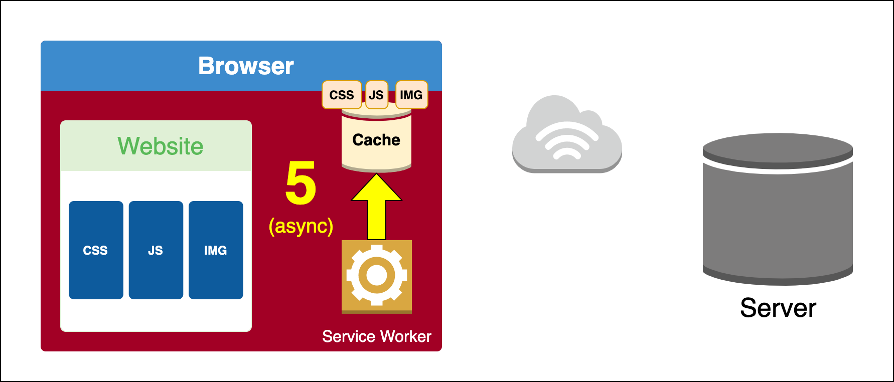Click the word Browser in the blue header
pyautogui.click(x=246, y=66)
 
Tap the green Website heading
pyautogui.click(x=161, y=146)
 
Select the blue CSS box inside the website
pyautogui.click(x=96, y=250)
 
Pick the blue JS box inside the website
pyautogui.click(x=156, y=250)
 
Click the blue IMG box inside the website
pyautogui.click(x=216, y=250)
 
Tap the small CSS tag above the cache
pyautogui.click(x=342, y=95)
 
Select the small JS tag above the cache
pyautogui.click(x=376, y=95)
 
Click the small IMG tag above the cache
pyautogui.click(x=411, y=95)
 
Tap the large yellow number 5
pyautogui.click(x=301, y=183)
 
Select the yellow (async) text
pyautogui.click(x=301, y=226)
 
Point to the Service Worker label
pyautogui.click(x=376, y=336)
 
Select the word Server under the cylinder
pyautogui.click(x=778, y=308)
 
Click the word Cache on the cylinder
pyautogui.click(x=376, y=140)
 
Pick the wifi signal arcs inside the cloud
pyautogui.click(x=567, y=143)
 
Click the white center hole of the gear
pyautogui.click(x=376, y=275)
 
